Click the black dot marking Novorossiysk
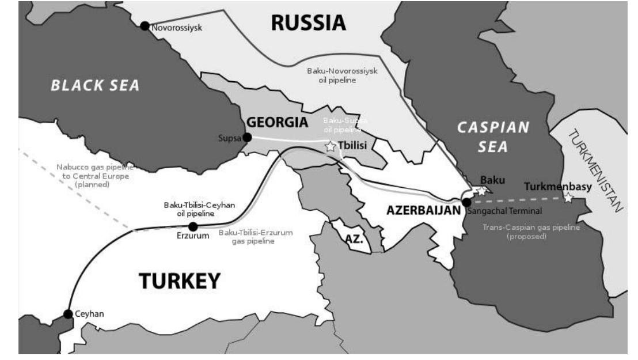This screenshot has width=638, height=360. (x=145, y=26)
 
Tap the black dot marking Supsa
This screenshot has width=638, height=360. (x=247, y=137)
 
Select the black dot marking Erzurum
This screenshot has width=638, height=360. (x=193, y=226)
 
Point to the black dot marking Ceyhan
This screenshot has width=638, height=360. (x=69, y=314)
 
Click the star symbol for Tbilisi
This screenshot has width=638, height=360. (x=330, y=147)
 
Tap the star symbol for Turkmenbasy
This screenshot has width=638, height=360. (x=568, y=198)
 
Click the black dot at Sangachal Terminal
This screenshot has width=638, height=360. (x=467, y=202)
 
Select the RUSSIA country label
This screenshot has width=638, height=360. (x=308, y=23)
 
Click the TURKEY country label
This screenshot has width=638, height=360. (x=180, y=281)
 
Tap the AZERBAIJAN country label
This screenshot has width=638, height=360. (x=423, y=211)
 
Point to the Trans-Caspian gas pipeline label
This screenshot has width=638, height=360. (x=523, y=232)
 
